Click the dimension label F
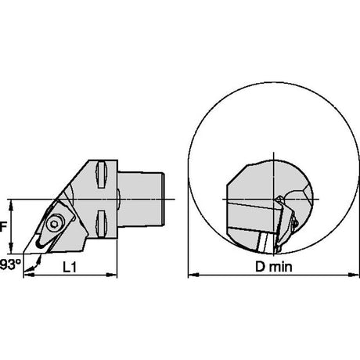point(2,226)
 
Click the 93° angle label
point(10,265)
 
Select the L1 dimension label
point(70,267)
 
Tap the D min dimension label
point(274,267)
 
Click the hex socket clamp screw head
point(54,224)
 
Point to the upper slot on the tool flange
point(102,175)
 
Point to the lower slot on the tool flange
point(102,223)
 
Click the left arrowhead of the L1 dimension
point(28,275)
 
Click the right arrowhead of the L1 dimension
point(112,275)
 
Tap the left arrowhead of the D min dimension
point(193,275)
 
